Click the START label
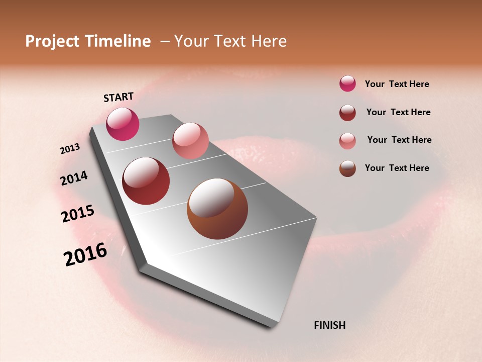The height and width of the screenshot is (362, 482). point(118,97)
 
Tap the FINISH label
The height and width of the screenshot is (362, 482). point(329,325)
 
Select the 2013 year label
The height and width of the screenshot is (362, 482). point(70,149)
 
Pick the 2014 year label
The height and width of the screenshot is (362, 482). point(74,178)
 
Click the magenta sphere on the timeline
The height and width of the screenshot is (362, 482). point(123,124)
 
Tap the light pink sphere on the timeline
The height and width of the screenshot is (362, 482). point(190,141)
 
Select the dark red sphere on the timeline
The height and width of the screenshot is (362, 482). point(146,181)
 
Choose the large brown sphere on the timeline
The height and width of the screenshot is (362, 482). point(217,209)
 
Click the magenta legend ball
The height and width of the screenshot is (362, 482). point(347,84)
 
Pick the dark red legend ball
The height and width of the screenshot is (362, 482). point(347,113)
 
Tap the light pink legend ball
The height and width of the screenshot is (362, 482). point(347,141)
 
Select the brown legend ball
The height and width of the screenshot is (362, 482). point(347,168)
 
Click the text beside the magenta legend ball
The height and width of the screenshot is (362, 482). point(397,84)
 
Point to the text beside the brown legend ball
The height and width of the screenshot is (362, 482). point(397,168)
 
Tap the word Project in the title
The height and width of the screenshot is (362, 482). point(53,41)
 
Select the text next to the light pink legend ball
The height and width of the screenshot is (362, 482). point(399,140)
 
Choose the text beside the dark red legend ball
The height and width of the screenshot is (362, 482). point(398,112)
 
